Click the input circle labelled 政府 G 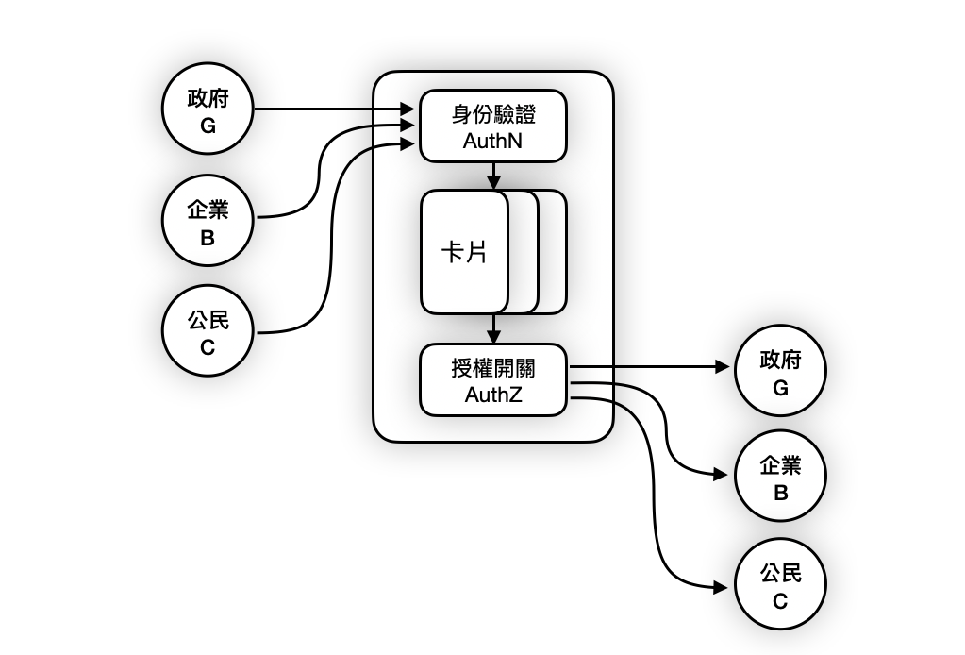pyautogui.click(x=208, y=109)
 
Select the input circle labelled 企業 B pyautogui.click(x=208, y=224)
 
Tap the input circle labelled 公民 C pyautogui.click(x=208, y=333)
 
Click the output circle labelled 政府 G pyautogui.click(x=780, y=374)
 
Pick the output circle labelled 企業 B pyautogui.click(x=780, y=479)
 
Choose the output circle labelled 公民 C pyautogui.click(x=780, y=586)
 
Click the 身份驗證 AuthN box pyautogui.click(x=492, y=126)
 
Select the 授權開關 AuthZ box pyautogui.click(x=492, y=380)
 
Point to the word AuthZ pyautogui.click(x=492, y=395)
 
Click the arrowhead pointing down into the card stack pyautogui.click(x=492, y=182)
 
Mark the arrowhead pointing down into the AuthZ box pyautogui.click(x=492, y=338)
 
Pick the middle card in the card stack pyautogui.click(x=524, y=251)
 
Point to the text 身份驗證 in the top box pyautogui.click(x=492, y=116)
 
